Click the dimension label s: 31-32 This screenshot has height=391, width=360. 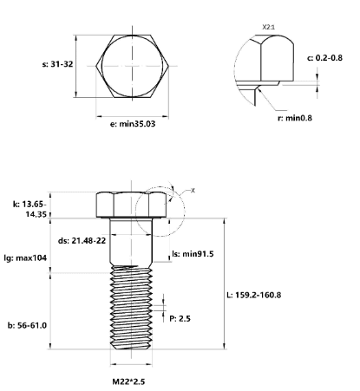point(57,64)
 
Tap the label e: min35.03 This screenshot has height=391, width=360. point(133,124)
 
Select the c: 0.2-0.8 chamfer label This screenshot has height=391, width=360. point(324,58)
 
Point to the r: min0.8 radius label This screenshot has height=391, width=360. point(295,118)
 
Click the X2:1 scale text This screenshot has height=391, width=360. point(269,27)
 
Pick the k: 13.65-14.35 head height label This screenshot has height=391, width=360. point(29,209)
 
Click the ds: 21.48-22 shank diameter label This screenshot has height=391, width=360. point(82,240)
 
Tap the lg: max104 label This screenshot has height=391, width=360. point(25,257)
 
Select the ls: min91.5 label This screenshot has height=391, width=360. point(193,254)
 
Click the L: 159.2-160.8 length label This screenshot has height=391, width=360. point(253,295)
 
